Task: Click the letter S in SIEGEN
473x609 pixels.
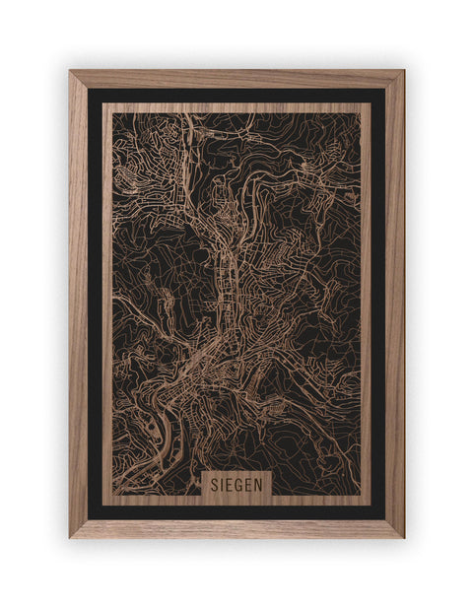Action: pos(212,484)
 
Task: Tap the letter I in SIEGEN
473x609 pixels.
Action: pos(220,484)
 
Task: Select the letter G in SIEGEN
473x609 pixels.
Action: pos(238,484)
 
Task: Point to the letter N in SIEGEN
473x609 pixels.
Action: pos(260,484)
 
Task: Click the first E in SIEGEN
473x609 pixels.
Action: pos(228,484)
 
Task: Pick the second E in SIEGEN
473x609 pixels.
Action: pos(249,484)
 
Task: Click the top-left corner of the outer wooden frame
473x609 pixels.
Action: pos(70,71)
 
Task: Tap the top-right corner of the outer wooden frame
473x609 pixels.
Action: pos(403,71)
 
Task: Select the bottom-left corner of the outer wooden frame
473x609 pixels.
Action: pos(70,537)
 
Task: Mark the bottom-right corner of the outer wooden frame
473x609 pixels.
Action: pos(403,537)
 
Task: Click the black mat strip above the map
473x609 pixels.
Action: pos(236,96)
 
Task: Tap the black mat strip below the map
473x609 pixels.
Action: pos(236,511)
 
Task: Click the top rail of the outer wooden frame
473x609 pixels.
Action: pos(236,79)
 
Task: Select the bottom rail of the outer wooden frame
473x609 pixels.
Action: pos(236,528)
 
